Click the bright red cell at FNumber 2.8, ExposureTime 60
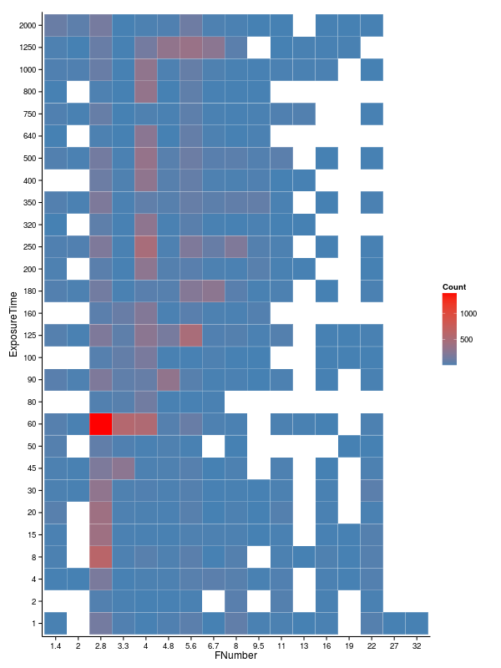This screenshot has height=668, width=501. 101,424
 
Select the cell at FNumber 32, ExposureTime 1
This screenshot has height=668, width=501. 417,623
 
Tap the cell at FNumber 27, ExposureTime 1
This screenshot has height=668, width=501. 394,623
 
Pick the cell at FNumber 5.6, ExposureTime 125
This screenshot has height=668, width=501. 191,336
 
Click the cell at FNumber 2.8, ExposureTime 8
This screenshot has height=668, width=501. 101,556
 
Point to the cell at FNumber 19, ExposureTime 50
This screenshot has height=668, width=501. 349,446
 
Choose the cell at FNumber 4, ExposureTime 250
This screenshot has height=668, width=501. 146,247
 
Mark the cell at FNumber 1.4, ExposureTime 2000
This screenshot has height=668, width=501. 56,26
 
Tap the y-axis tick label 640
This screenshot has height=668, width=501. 30,137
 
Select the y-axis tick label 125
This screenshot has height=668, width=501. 30,336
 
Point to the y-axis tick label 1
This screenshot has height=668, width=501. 34,623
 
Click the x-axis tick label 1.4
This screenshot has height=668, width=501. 56,645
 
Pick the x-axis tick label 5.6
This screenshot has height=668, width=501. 191,645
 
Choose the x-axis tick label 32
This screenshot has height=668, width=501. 417,645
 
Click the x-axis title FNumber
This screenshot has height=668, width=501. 235,656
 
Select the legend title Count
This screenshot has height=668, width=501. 454,287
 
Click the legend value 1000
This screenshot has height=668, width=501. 468,313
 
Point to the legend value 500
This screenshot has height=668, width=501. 466,340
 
